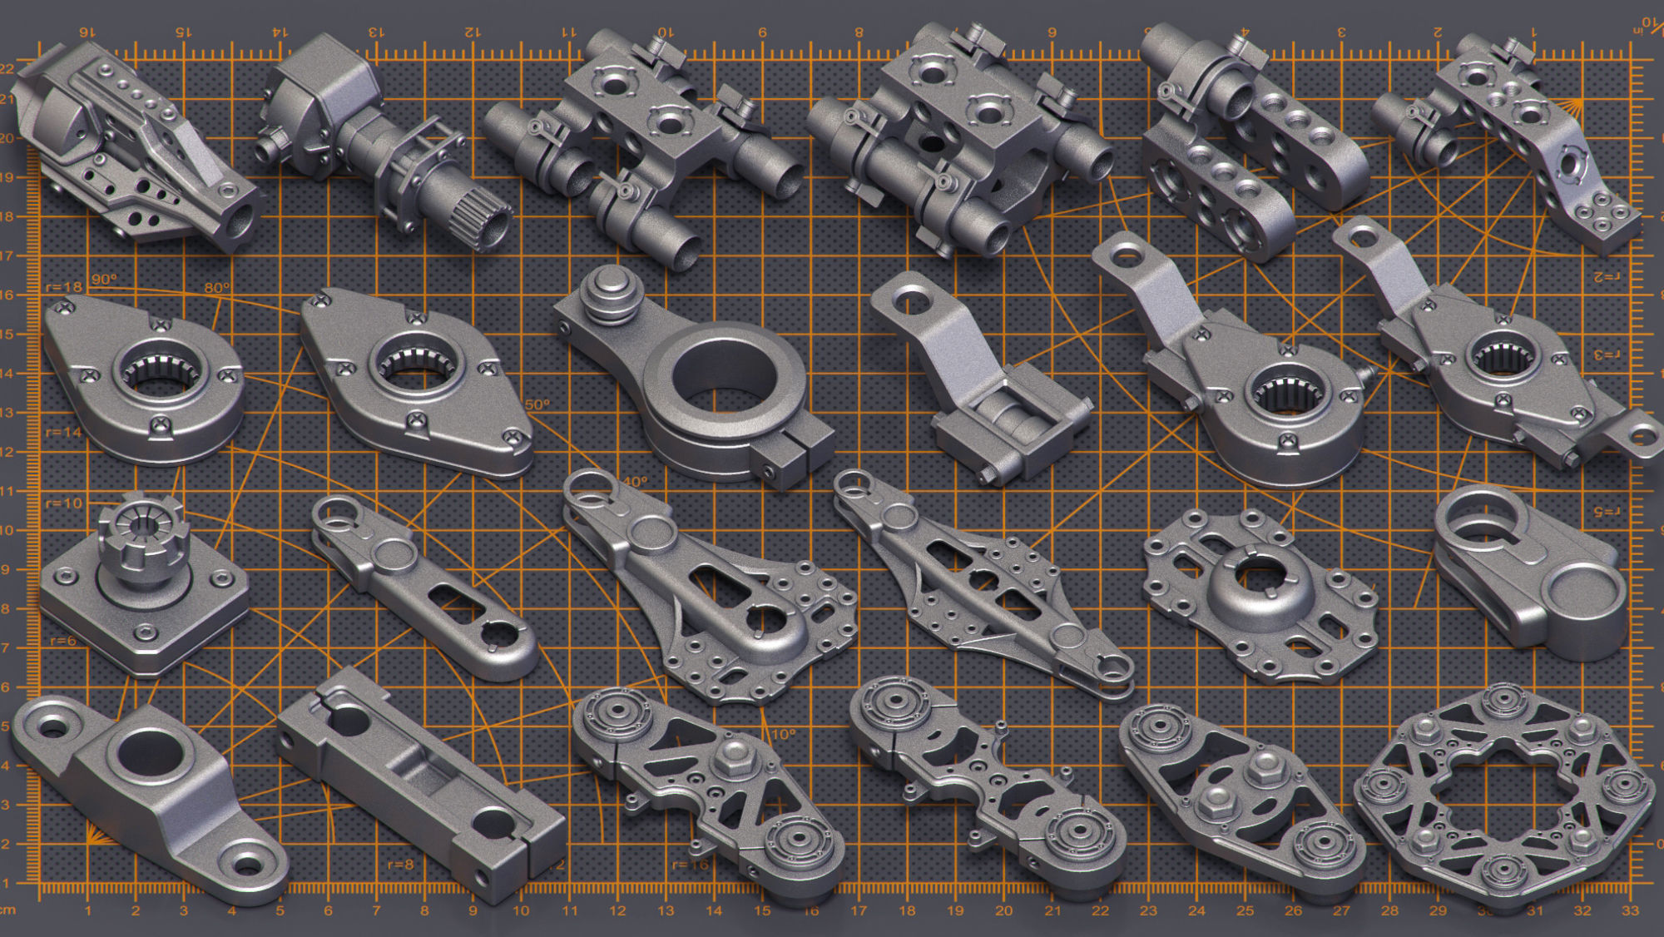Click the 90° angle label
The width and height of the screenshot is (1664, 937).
(x=104, y=279)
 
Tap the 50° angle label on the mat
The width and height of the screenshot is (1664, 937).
(x=537, y=404)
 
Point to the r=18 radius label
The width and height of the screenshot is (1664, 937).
(x=64, y=287)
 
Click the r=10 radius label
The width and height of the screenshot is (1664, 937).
(x=64, y=503)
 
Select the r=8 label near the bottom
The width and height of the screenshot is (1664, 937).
(x=400, y=865)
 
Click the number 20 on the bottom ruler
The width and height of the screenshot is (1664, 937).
(x=1003, y=911)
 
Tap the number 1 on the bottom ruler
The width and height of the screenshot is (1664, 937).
(x=87, y=911)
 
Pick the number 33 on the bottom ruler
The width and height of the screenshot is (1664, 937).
(x=1630, y=911)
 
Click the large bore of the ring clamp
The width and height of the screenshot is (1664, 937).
(x=724, y=379)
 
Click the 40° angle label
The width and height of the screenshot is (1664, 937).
(x=635, y=481)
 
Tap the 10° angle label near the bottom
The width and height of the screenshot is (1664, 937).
(x=783, y=734)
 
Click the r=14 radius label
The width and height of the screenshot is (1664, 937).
(x=64, y=432)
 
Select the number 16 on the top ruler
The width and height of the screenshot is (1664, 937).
(x=86, y=32)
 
